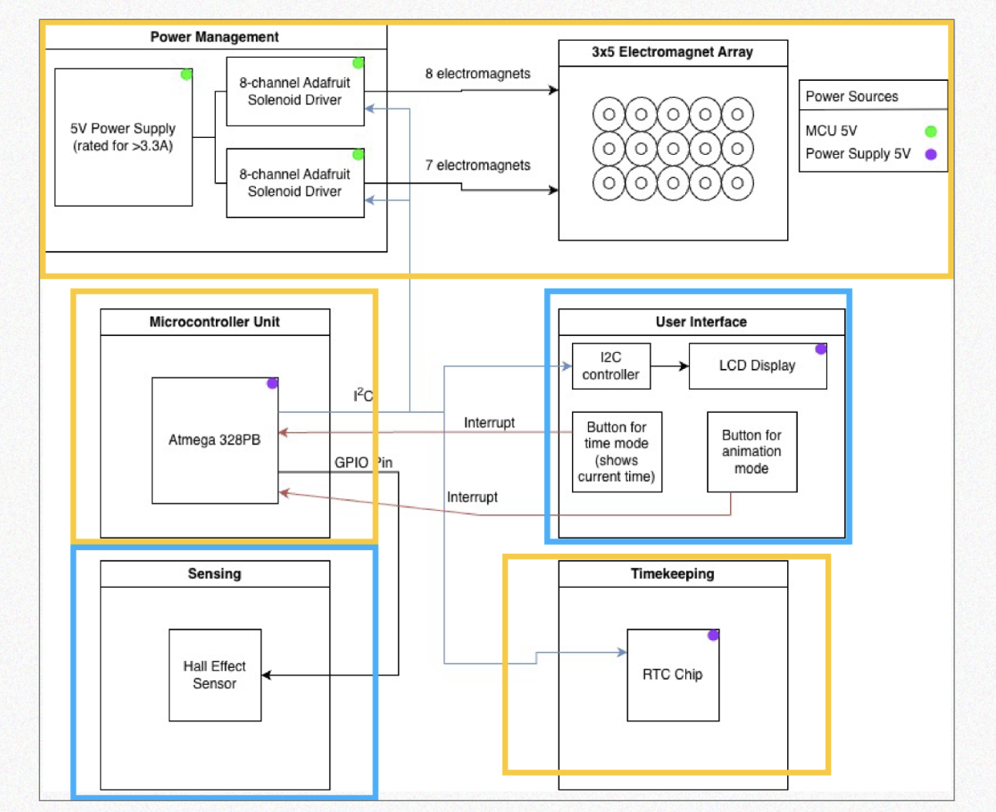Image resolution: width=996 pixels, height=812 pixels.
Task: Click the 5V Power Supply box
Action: (123, 137)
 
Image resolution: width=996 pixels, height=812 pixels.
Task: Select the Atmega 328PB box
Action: (215, 440)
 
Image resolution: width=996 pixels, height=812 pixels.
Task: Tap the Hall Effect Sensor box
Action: (215, 675)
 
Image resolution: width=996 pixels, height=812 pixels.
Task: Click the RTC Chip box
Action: (673, 675)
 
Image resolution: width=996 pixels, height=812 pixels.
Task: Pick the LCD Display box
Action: (758, 366)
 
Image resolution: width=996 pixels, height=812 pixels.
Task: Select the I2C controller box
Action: (611, 366)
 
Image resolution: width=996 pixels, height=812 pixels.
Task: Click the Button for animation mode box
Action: (752, 451)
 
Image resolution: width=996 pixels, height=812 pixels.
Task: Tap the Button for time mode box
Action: (617, 451)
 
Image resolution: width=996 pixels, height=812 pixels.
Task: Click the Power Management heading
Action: (214, 37)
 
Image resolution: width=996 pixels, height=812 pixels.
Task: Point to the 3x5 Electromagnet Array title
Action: (672, 52)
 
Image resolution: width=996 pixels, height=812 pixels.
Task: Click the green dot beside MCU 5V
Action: (930, 131)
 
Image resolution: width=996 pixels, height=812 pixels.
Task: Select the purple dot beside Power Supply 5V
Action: (930, 154)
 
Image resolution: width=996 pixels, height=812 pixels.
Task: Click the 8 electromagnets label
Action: (477, 74)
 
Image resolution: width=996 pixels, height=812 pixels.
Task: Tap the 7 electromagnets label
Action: (477, 165)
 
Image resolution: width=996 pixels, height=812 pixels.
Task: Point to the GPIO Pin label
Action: (363, 463)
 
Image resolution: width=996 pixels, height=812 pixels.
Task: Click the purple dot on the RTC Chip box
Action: (713, 635)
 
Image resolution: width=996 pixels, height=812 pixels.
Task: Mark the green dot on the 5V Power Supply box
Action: (187, 74)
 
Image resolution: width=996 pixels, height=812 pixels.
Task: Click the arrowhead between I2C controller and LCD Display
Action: (684, 366)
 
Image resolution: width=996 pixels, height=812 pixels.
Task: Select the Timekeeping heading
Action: (672, 574)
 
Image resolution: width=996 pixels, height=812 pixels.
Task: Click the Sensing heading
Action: (214, 574)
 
